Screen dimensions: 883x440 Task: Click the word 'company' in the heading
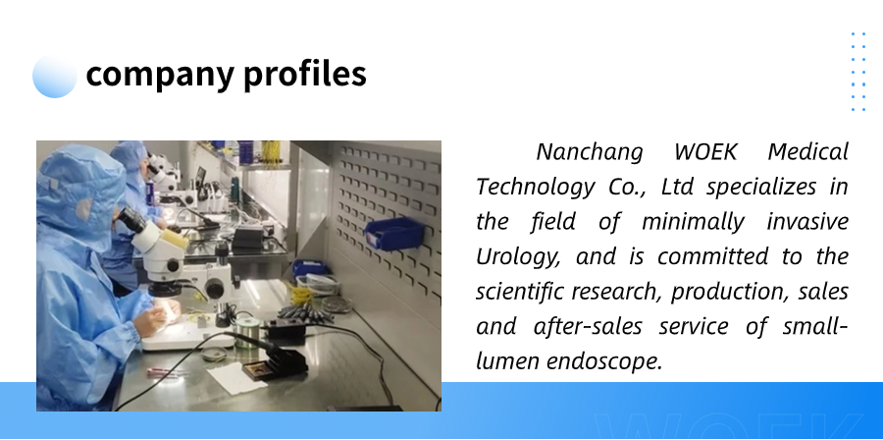click(x=160, y=75)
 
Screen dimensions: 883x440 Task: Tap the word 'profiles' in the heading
click(x=305, y=74)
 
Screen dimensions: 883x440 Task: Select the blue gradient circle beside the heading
click(x=55, y=76)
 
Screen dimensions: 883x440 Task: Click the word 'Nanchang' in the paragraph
click(x=589, y=152)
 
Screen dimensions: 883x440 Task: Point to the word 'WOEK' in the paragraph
click(x=705, y=152)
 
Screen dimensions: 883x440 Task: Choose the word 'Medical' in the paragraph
click(x=808, y=152)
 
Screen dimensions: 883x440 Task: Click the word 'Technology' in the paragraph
click(x=535, y=188)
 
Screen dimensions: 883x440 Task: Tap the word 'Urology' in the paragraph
click(x=517, y=257)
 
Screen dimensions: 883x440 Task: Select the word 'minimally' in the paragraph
click(x=693, y=222)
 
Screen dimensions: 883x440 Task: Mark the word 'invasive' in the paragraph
click(x=807, y=222)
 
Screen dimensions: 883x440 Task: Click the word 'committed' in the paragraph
click(x=712, y=257)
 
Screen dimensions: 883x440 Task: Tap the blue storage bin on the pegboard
click(x=394, y=233)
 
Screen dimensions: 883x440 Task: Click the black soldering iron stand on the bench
click(x=276, y=366)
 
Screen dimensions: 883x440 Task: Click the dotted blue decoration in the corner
click(x=858, y=72)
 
